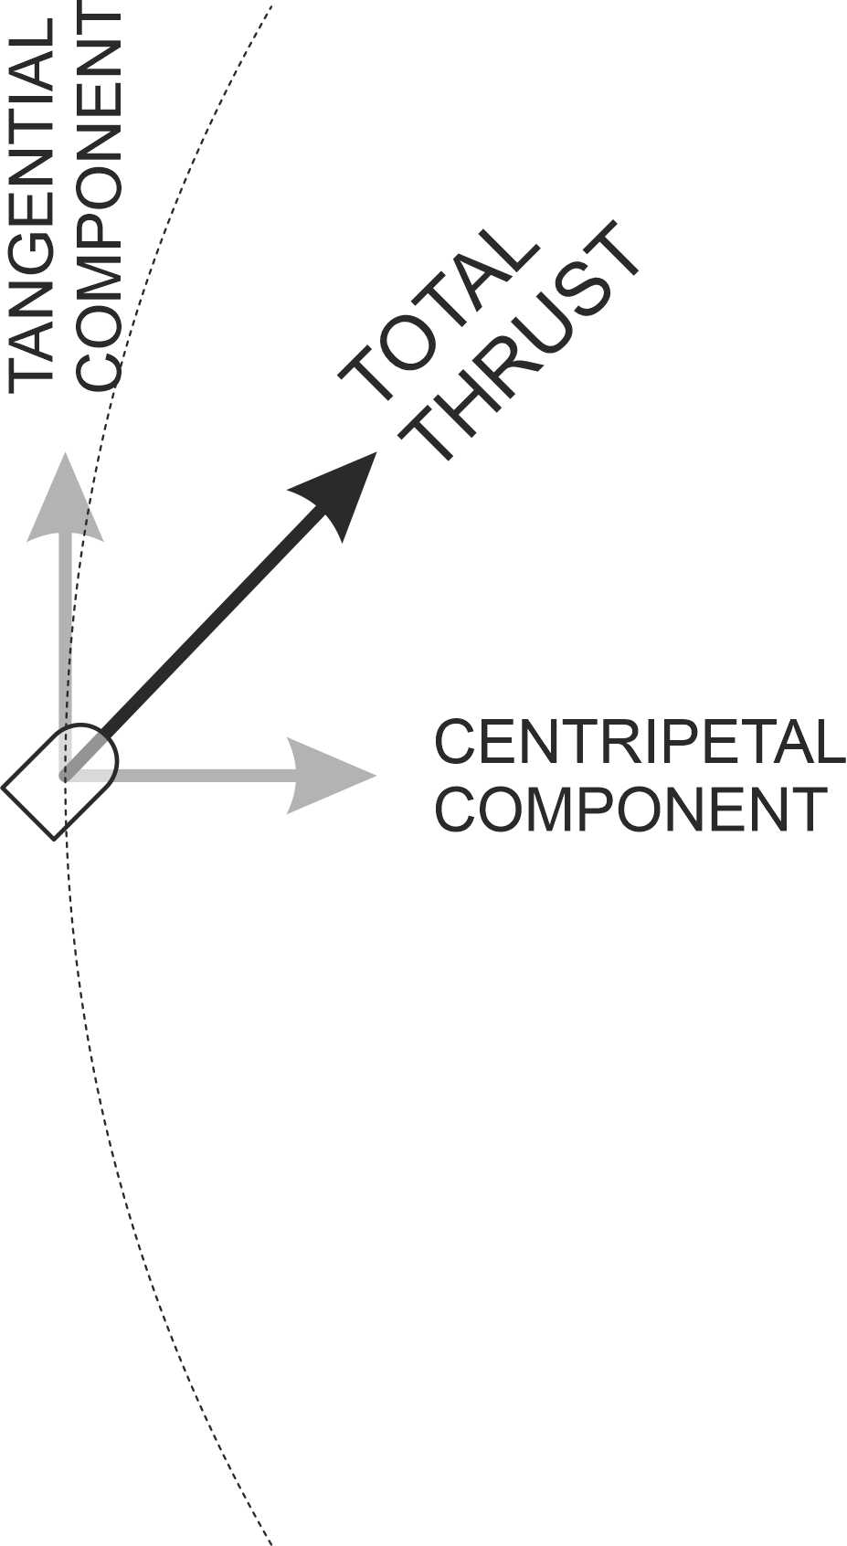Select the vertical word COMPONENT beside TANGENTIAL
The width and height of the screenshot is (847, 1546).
99,200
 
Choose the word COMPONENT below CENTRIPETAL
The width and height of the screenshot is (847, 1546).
631,810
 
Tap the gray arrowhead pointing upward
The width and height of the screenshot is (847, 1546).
65,498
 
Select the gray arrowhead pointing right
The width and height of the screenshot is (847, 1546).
332,775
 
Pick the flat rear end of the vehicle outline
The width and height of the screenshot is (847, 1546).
27,814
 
